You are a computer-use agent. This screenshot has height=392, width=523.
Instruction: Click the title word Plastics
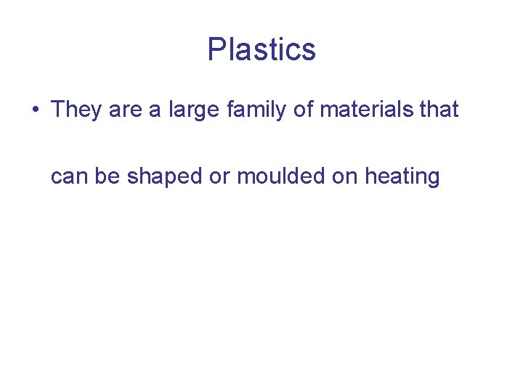261,49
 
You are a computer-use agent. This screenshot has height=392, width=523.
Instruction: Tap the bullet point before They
34,110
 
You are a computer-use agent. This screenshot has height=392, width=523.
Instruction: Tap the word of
304,110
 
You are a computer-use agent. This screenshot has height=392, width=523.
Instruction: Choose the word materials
367,110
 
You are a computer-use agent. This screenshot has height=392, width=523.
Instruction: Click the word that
439,110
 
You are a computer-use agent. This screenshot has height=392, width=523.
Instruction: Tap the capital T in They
58,110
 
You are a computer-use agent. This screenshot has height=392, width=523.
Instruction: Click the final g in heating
433,179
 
